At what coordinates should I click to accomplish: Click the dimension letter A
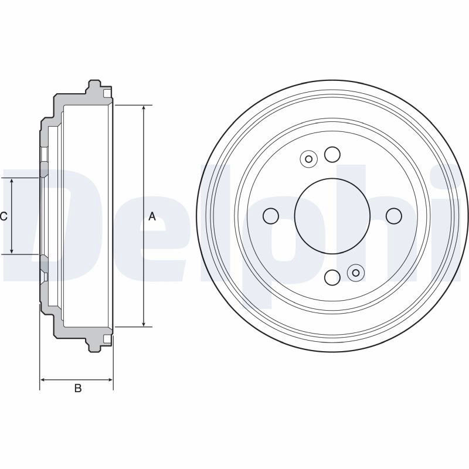152,216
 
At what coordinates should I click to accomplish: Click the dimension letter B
78,388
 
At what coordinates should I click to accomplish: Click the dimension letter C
4,216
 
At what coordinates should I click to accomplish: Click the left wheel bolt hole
271,216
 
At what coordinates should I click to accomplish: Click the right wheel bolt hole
393,216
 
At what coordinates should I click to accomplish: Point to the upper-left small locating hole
309,159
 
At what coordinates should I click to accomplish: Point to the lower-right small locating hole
356,273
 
